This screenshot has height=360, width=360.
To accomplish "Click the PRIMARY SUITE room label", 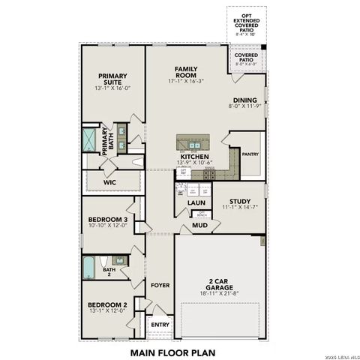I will (x=111, y=79).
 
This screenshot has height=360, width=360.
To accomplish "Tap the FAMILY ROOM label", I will (x=186, y=72).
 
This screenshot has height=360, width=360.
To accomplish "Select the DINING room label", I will (x=244, y=100).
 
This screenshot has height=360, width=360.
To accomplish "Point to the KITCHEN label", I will (x=194, y=156).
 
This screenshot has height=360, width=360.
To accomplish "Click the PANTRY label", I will (x=250, y=154).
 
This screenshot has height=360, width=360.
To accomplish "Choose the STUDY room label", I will (x=240, y=201).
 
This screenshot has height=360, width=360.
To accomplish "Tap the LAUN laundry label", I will (x=196, y=202).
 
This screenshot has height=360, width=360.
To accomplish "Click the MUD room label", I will (x=199, y=224).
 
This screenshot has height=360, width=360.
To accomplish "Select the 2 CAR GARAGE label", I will (x=218, y=283).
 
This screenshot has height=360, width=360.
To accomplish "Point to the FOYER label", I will (x=160, y=285).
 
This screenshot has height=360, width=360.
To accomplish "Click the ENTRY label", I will (x=160, y=325).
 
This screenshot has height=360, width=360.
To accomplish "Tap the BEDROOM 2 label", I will (x=106, y=304).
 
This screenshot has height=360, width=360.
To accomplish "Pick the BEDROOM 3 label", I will (x=106, y=219).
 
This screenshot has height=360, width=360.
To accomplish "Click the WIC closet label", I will (x=109, y=181).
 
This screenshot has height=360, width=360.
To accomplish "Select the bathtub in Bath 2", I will (x=90, y=266).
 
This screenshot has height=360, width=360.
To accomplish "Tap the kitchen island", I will (x=195, y=142).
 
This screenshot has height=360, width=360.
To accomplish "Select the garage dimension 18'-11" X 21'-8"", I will (x=218, y=292).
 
